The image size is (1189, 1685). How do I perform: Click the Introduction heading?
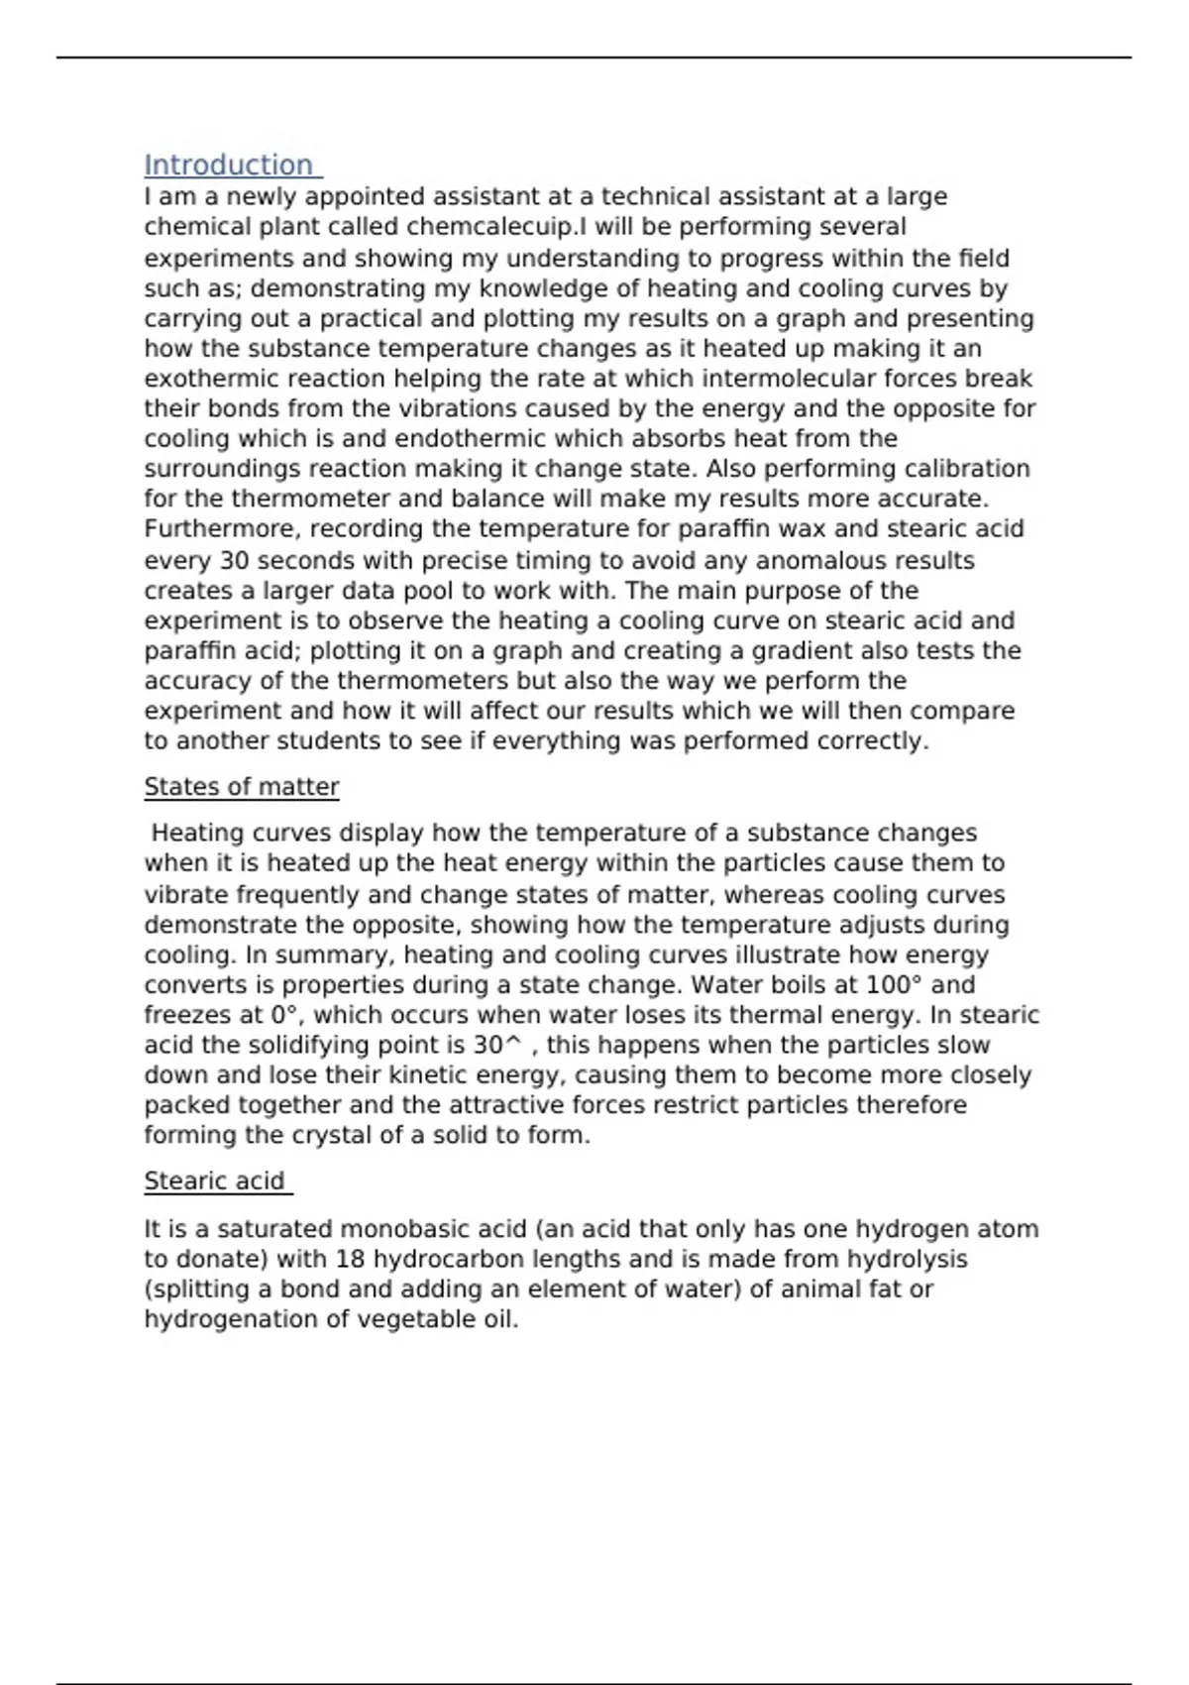point(229,166)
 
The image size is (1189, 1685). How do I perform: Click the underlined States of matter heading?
point(242,787)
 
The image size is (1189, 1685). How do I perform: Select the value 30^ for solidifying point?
point(497,1046)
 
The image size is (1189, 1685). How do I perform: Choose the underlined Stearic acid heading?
point(215,1181)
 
